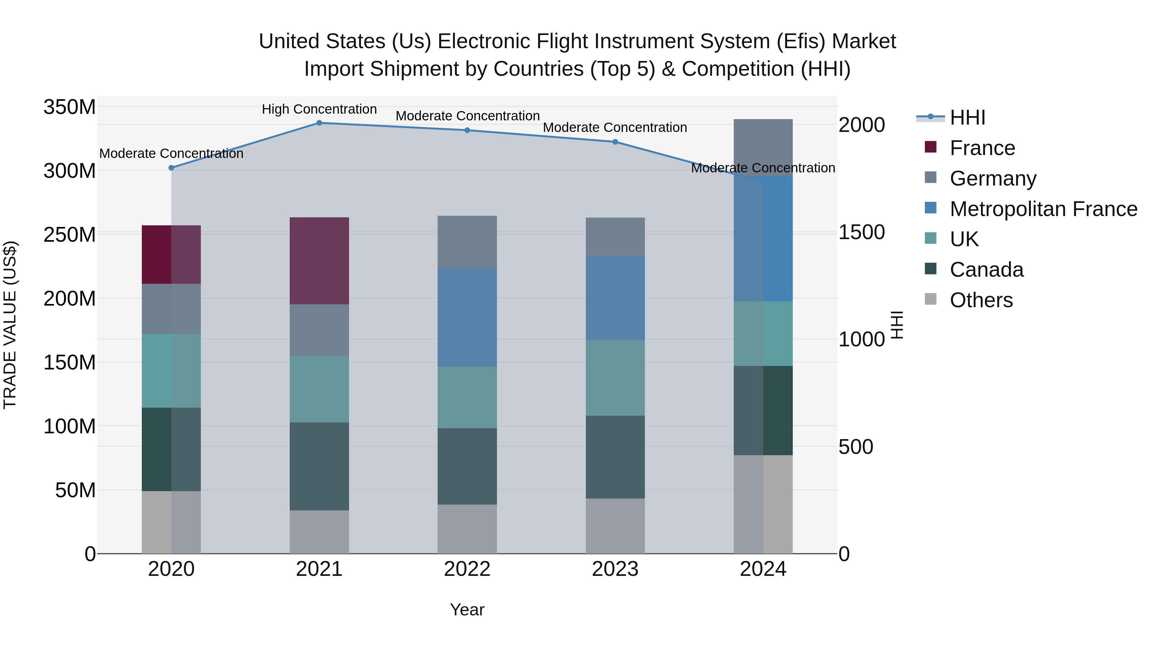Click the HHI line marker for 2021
319,123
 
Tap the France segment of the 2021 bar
319,261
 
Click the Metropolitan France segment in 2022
467,317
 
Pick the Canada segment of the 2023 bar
615,457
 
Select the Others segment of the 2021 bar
319,532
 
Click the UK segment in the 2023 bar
615,378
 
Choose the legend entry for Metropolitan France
1043,209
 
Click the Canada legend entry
987,270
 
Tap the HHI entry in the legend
968,117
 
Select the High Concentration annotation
319,109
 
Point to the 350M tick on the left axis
70,107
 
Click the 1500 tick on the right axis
861,232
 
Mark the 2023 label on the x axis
615,569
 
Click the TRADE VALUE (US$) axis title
10,325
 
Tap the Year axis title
467,610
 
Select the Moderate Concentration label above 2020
171,153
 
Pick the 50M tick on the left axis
75,490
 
